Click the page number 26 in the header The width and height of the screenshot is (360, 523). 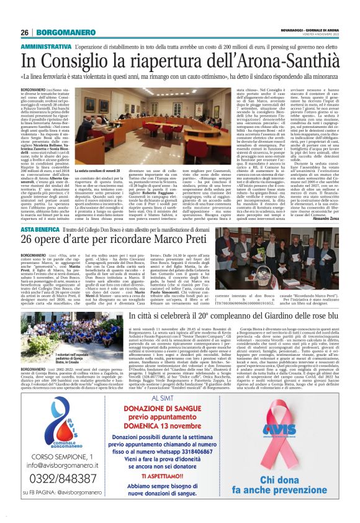click(25, 32)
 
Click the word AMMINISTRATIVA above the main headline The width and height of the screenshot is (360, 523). click(46, 47)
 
